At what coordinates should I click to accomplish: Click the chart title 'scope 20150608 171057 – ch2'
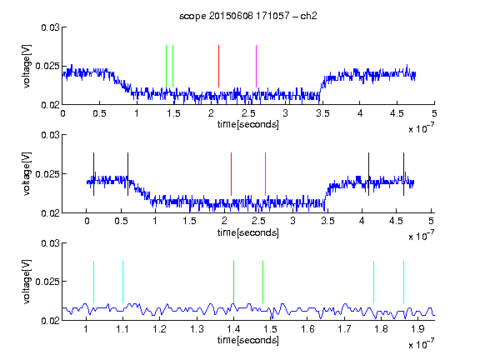(x=248, y=16)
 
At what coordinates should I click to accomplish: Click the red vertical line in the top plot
(x=218, y=66)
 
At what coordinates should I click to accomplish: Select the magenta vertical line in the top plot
(x=256, y=66)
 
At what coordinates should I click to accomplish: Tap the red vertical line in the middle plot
(x=231, y=174)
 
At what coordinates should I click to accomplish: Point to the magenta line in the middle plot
(x=265, y=174)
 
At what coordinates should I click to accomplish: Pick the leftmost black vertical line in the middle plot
(x=93, y=174)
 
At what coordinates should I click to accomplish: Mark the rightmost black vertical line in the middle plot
(x=403, y=174)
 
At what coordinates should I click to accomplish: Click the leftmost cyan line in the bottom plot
(x=93, y=282)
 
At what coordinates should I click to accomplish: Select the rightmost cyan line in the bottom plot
(x=403, y=282)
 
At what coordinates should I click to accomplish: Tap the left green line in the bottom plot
(x=233, y=282)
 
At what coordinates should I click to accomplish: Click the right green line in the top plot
(x=173, y=66)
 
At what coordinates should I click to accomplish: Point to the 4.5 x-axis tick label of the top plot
(x=397, y=113)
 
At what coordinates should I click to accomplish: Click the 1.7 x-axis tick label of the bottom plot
(x=344, y=329)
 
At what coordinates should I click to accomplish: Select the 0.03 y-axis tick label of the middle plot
(x=50, y=135)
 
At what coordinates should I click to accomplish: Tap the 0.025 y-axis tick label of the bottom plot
(x=47, y=282)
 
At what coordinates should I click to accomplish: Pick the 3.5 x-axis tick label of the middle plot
(x=327, y=221)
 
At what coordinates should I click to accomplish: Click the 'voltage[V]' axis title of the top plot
(x=27, y=67)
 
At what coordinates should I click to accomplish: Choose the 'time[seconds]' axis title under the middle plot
(x=248, y=232)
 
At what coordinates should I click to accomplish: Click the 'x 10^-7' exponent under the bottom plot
(x=421, y=344)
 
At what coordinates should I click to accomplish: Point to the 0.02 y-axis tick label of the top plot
(x=50, y=105)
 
